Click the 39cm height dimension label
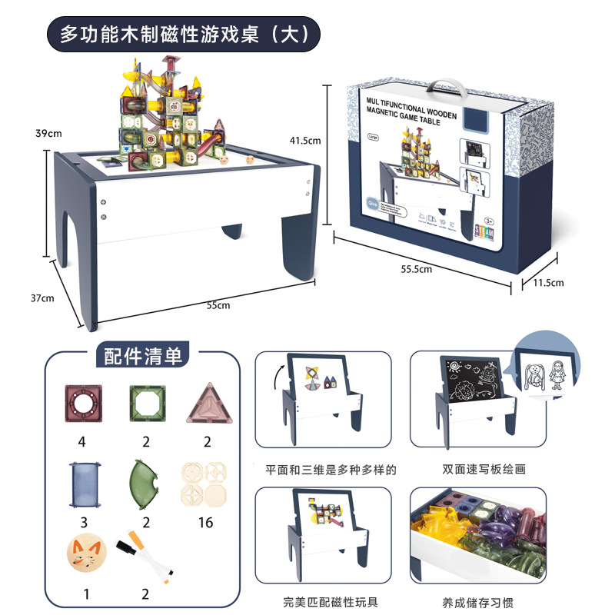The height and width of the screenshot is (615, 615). pyautogui.click(x=49, y=133)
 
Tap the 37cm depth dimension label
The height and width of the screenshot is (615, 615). pyautogui.click(x=43, y=298)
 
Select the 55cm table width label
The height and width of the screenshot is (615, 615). pyautogui.click(x=218, y=305)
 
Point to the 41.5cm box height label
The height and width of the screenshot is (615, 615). pyautogui.click(x=304, y=141)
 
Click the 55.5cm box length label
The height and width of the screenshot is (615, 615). pyautogui.click(x=417, y=268)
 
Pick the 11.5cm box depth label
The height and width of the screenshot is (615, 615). pyautogui.click(x=549, y=283)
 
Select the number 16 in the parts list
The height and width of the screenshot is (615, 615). pyautogui.click(x=205, y=524)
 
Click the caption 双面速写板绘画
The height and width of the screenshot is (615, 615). pyautogui.click(x=467, y=469)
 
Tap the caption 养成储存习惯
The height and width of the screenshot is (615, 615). pyautogui.click(x=467, y=602)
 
